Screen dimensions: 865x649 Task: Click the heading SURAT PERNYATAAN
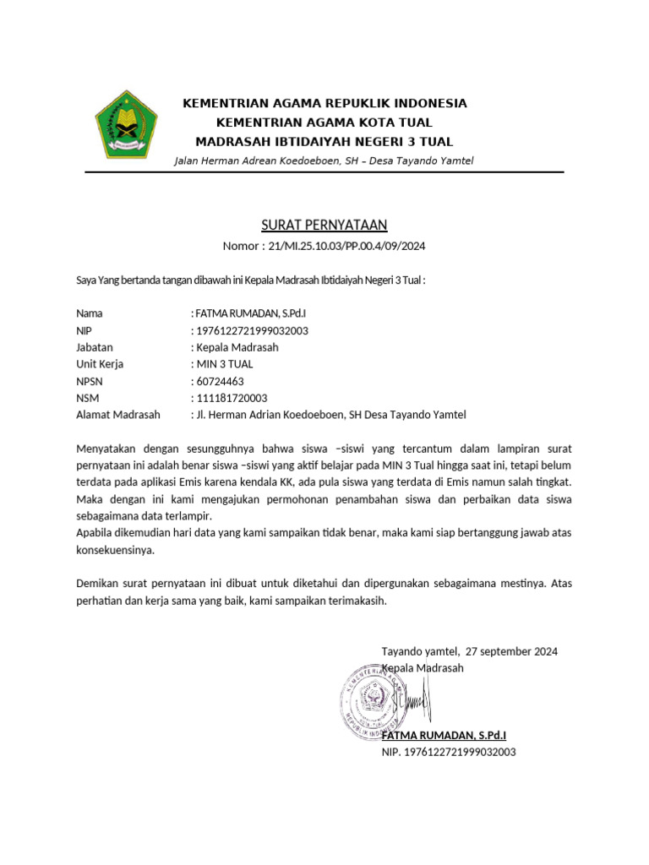(324, 224)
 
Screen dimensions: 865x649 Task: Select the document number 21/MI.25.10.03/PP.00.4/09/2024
(346, 247)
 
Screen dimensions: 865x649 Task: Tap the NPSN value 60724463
(221, 381)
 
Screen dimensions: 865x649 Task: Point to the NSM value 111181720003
(232, 398)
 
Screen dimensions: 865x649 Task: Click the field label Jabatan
(95, 347)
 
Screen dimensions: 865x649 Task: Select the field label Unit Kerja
(100, 364)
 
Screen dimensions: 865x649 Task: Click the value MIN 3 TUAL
(225, 364)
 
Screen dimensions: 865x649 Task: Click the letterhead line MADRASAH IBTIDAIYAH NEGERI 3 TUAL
(324, 140)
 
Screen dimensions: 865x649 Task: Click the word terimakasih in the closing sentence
(358, 601)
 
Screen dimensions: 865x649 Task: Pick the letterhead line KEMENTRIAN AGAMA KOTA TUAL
(324, 122)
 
